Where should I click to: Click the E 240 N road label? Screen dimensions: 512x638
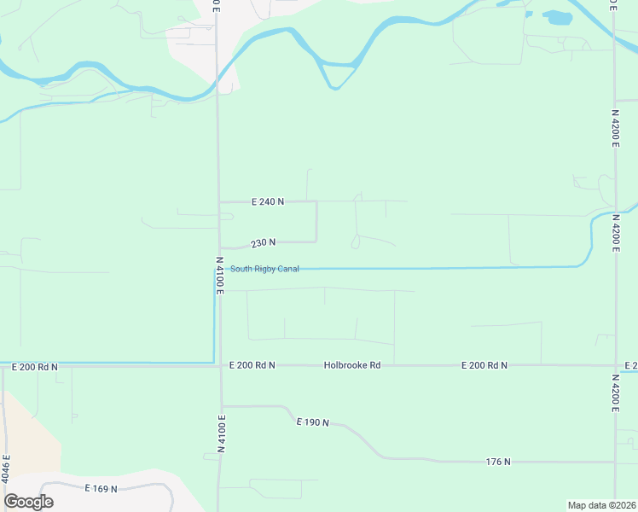tap(267, 201)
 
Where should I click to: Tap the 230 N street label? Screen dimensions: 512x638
tap(263, 242)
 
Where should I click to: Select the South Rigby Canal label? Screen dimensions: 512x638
tap(264, 270)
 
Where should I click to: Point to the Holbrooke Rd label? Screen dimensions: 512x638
tap(351, 365)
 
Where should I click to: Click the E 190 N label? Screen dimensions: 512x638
tap(312, 422)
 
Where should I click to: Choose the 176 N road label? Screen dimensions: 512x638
tap(498, 462)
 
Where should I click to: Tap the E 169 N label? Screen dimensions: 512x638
tap(101, 489)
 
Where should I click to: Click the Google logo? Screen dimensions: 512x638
tap(28, 502)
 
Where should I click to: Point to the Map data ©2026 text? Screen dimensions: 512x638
tap(601, 504)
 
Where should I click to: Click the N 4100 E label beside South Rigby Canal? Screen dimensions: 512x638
tap(219, 276)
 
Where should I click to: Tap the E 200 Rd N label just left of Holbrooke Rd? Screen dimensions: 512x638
tap(252, 365)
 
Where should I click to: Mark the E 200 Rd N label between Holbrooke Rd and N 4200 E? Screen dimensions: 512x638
tap(484, 365)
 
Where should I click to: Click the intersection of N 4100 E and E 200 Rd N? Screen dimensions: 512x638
tap(220, 365)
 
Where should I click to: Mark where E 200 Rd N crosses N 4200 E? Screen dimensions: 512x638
tap(615, 365)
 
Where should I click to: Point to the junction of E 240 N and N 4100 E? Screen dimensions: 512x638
tap(220, 202)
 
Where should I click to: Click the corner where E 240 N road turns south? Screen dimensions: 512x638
tap(316, 202)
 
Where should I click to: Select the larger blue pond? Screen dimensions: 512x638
tap(558, 17)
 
